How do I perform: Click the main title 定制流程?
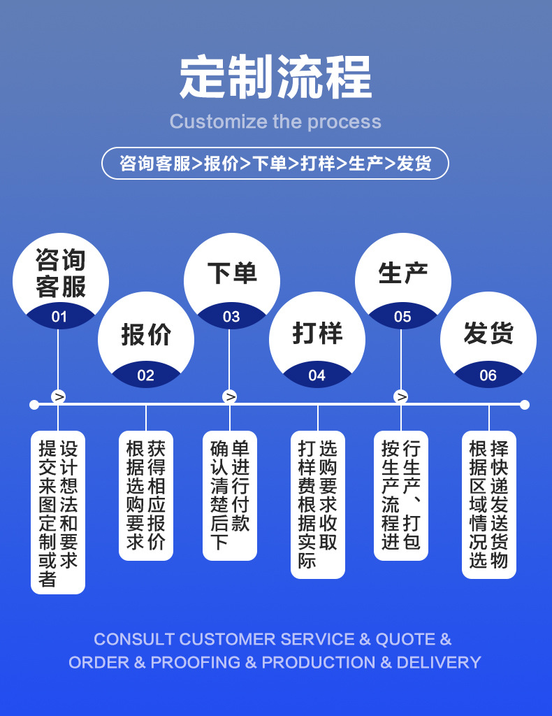275,77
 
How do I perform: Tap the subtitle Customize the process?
275,122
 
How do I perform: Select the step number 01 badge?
59,317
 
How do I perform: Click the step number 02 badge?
145,375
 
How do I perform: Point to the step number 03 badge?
231,317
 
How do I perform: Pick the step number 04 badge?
317,375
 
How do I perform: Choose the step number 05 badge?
402,317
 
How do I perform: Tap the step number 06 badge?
488,375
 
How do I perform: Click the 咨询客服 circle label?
61,273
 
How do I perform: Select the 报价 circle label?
146,334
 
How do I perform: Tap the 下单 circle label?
232,273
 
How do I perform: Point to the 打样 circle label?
317,334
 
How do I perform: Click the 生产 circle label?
403,273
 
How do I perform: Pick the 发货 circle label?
488,334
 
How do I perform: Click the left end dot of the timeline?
34,404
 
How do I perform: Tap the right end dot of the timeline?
525,404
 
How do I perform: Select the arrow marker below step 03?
230,397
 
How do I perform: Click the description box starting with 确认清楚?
230,495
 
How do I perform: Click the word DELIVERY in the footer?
439,662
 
